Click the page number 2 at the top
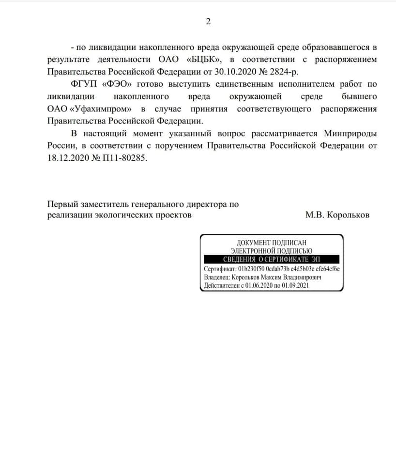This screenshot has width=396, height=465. click(209, 22)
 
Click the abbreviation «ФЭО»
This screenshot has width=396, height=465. click(116, 84)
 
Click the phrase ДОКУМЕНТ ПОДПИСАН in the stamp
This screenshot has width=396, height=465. click(271, 242)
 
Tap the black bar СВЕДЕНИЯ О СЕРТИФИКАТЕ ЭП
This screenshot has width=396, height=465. click(271, 259)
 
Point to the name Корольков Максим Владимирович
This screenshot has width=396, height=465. click(276, 278)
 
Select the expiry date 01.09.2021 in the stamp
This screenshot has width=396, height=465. click(291, 286)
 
